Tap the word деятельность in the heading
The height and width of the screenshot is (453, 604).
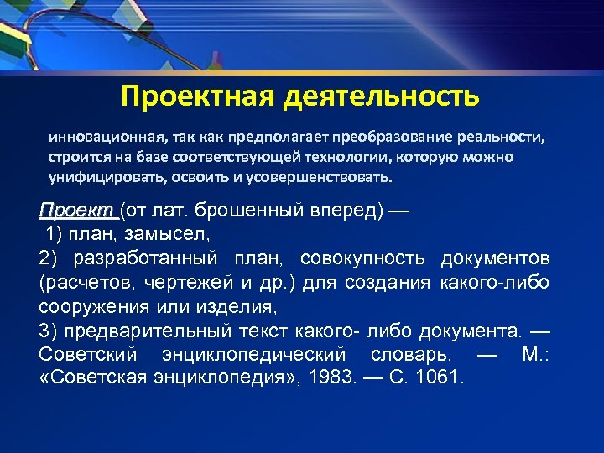coord(382,95)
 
